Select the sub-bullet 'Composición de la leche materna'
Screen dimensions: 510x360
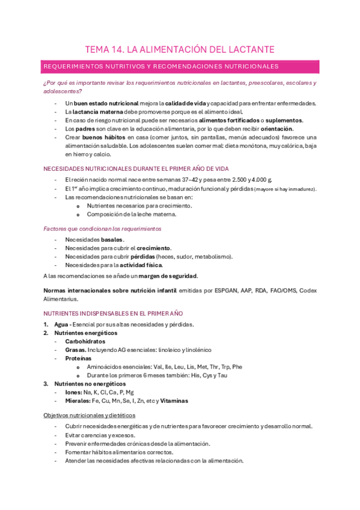click(132, 214)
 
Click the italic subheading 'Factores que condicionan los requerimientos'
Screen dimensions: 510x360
click(102, 229)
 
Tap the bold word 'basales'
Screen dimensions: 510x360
click(112, 240)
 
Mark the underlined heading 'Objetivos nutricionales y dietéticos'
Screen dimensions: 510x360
click(90, 416)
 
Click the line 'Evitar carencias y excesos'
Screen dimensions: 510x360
click(100, 435)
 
